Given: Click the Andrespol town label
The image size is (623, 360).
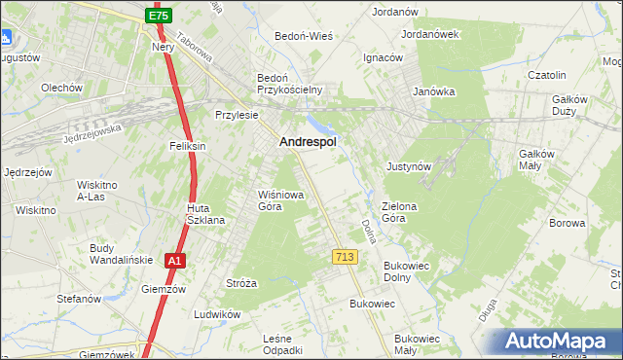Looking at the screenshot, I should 308,142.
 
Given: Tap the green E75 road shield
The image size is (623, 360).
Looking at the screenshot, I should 160,16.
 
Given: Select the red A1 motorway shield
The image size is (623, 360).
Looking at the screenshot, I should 173,261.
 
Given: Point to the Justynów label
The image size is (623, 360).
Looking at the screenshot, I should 408,166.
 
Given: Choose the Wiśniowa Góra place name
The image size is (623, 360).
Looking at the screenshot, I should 280,200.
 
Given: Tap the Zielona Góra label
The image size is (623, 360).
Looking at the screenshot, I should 400,212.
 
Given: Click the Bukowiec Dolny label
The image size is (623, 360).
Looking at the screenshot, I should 412,270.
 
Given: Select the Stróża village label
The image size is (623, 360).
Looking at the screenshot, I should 240,283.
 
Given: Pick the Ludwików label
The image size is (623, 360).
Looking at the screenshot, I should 216,314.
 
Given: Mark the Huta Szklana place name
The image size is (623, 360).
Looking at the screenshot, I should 205,214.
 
